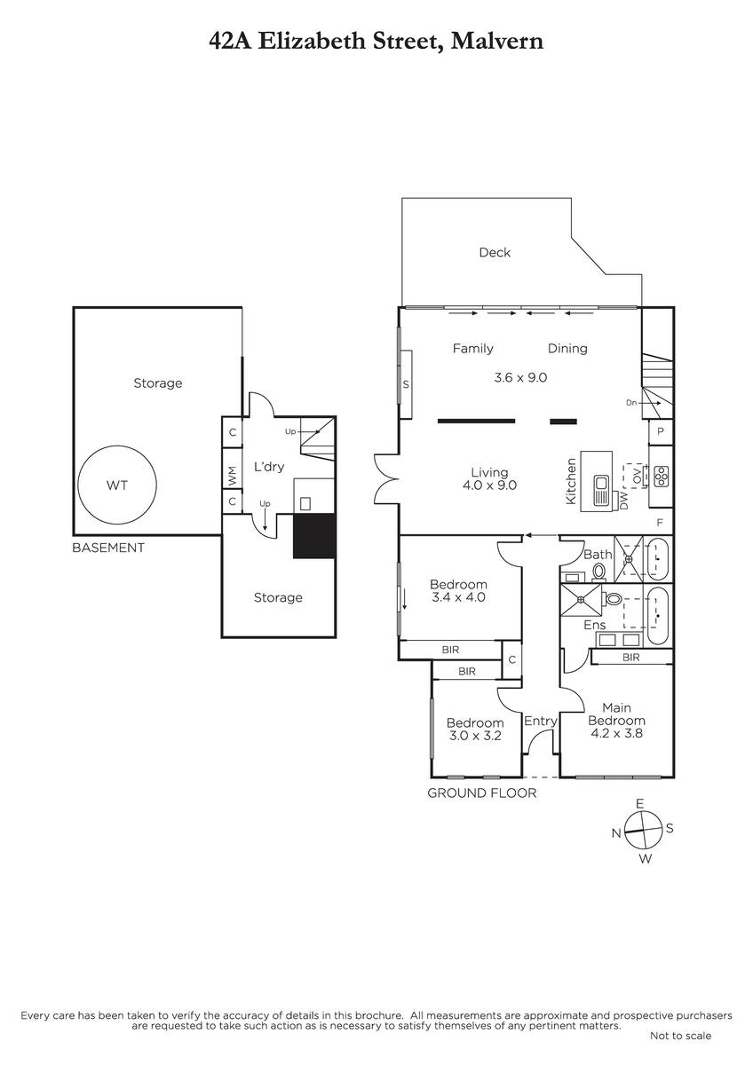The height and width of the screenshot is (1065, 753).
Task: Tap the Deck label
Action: (495, 252)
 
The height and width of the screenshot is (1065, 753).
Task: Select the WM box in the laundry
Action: (232, 476)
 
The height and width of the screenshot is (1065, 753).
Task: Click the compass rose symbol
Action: (643, 831)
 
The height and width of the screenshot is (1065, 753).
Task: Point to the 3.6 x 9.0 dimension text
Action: (520, 377)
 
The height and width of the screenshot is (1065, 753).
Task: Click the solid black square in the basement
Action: (314, 535)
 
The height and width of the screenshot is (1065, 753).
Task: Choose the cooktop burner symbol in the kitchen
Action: (662, 476)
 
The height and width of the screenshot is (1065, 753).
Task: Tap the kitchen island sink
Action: (600, 490)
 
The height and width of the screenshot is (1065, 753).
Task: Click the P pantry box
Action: (661, 431)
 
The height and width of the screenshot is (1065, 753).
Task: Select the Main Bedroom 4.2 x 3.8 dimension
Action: (616, 733)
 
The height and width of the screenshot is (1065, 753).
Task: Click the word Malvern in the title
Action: (496, 42)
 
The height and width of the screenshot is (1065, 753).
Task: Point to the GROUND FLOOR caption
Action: (481, 793)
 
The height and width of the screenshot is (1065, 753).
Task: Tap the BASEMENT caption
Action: (108, 548)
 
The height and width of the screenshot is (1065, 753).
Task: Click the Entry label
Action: (541, 722)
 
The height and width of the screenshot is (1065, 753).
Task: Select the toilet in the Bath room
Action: (598, 572)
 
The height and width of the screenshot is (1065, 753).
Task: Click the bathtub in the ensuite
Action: (658, 616)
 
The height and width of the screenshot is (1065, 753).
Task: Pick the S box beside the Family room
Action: (406, 384)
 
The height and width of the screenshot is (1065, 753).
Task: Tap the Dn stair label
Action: (631, 403)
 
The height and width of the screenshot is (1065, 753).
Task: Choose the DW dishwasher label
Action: (624, 501)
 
